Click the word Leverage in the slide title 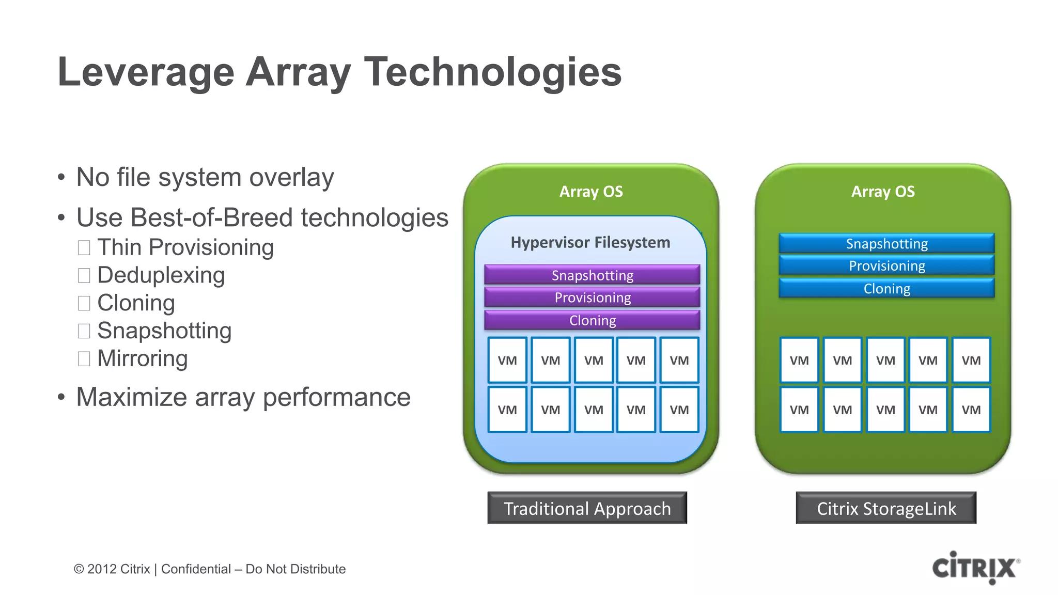coord(146,73)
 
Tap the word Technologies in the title coord(493,73)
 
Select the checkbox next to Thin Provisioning coord(84,248)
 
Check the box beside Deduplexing coord(84,276)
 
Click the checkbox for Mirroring coord(84,359)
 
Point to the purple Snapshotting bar coord(592,275)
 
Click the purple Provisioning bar coord(592,297)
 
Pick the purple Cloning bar coord(592,320)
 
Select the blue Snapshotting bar coord(886,243)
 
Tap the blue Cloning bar coord(886,288)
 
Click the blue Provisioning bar coord(886,265)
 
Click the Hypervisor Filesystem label coord(590,242)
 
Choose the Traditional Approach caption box coord(587,508)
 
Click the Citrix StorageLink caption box coord(886,508)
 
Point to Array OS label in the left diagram coord(591,192)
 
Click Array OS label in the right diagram coord(883,192)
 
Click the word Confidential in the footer coord(196,569)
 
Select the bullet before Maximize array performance coord(61,398)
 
